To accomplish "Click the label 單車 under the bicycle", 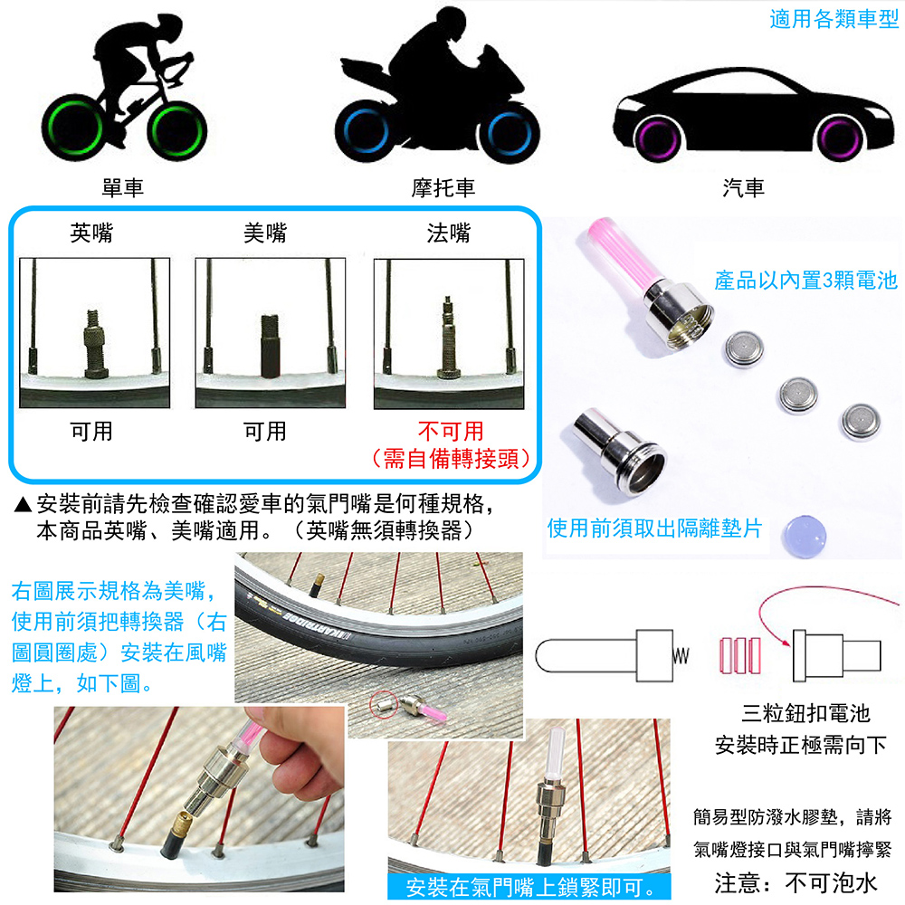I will tap(123, 187).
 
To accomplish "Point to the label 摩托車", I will tap(443, 187).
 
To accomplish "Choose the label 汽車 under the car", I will tap(744, 187).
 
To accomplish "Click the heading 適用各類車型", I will tap(834, 19).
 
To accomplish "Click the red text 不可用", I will tap(450, 431).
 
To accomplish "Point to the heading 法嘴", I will tap(449, 233).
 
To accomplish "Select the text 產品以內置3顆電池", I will tap(805, 281).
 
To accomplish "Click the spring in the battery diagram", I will tap(681, 653).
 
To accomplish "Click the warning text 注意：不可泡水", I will tap(795, 882).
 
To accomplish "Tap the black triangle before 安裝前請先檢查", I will tap(24, 504).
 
